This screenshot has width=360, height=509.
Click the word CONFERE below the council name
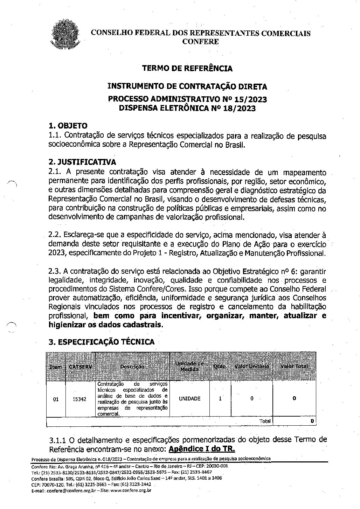click(x=201, y=42)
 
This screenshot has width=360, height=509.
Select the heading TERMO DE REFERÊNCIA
click(x=187, y=69)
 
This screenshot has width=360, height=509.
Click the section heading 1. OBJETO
click(x=68, y=126)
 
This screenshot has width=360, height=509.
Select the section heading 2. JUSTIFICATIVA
click(x=82, y=162)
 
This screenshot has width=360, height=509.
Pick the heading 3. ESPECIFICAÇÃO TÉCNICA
click(x=102, y=342)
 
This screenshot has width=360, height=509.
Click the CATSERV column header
click(x=81, y=367)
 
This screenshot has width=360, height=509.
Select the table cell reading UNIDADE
click(x=189, y=399)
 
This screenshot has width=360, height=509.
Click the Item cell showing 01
click(x=56, y=399)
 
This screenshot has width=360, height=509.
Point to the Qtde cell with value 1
click(x=220, y=399)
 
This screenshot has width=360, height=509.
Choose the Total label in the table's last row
click(x=265, y=421)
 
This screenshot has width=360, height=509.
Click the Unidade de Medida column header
click(x=189, y=367)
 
